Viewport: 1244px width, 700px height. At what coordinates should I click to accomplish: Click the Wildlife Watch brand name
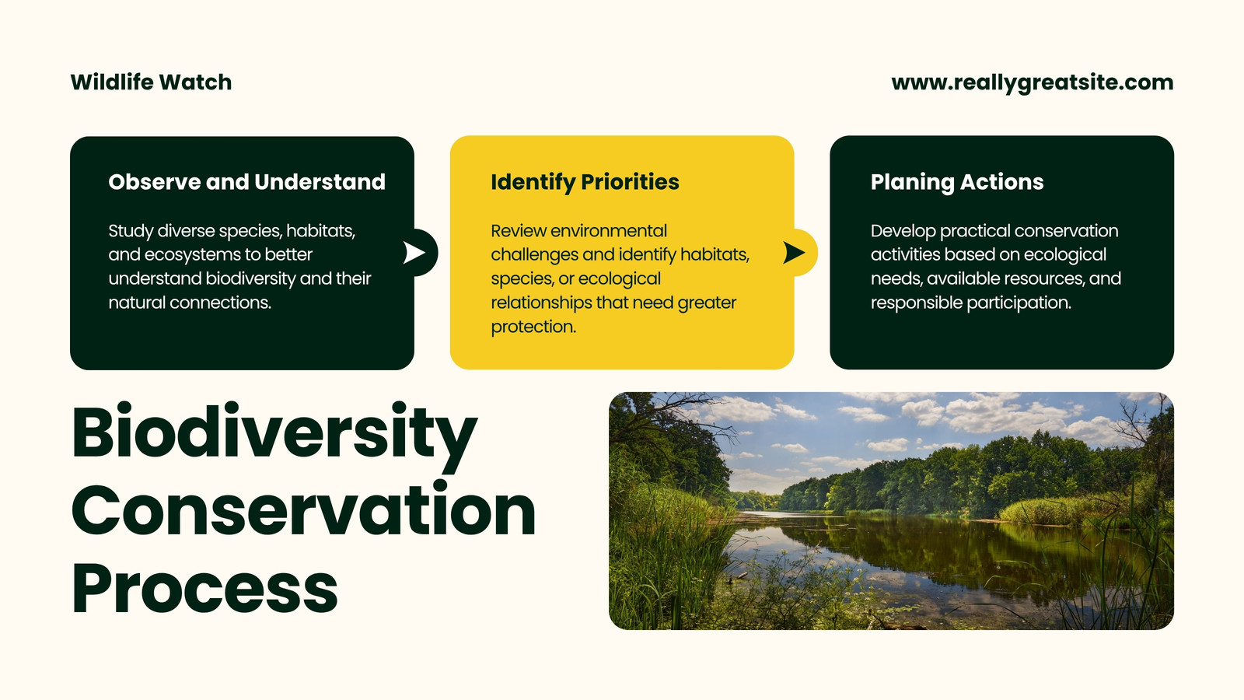(151, 82)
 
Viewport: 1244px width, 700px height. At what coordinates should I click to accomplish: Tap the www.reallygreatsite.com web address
(1033, 82)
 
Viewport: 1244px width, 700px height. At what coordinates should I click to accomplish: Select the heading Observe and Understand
(246, 182)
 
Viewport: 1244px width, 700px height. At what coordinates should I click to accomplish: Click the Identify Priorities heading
(585, 182)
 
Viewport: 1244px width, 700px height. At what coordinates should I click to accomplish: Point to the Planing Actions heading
(957, 182)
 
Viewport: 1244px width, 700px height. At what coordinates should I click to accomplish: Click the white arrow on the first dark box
(414, 252)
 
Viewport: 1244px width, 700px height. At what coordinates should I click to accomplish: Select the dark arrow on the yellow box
(794, 252)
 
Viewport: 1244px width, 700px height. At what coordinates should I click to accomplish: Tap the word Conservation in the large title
(304, 509)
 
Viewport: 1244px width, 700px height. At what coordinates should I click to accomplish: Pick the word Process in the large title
(204, 588)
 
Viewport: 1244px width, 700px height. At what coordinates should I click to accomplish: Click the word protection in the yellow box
(533, 327)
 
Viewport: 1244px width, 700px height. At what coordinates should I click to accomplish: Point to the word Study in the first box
(131, 231)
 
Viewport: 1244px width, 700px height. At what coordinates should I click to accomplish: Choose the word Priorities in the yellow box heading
(630, 182)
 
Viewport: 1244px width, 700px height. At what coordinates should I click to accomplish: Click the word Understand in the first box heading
(320, 182)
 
